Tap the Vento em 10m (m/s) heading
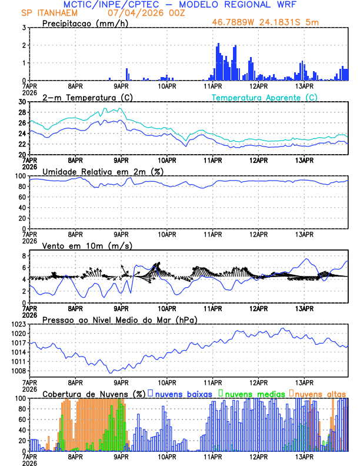[87, 245]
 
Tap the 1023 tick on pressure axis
[18, 324]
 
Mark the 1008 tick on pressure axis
[18, 371]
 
